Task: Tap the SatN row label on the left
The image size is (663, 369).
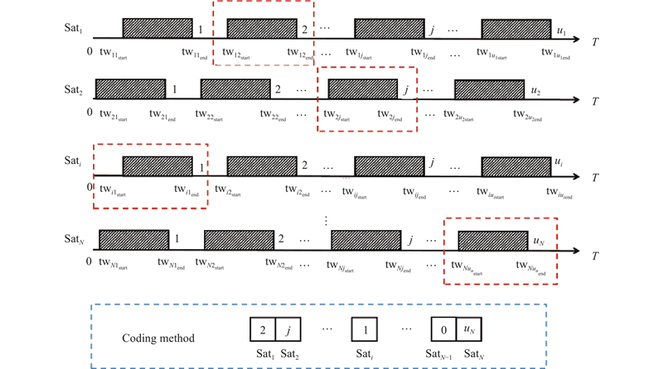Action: click(73, 239)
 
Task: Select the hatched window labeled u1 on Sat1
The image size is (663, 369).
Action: click(515, 28)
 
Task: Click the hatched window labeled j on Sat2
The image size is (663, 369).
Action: click(363, 89)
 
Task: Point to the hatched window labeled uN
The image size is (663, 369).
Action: click(491, 240)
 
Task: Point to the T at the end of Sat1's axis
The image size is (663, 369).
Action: click(595, 40)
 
